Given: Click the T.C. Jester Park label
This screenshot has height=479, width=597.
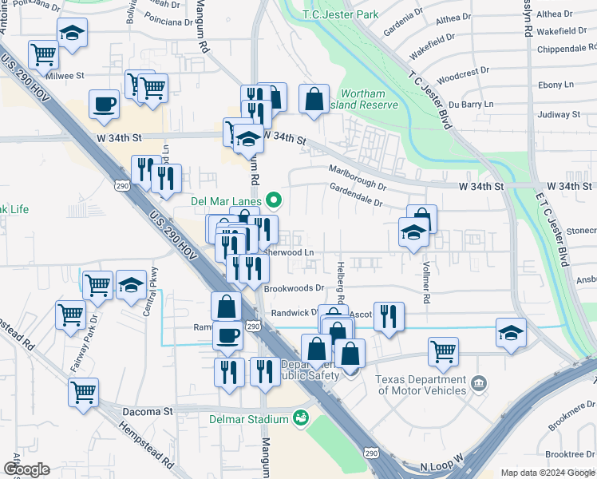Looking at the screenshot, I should pos(341,14).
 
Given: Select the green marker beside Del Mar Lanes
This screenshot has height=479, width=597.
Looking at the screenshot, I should pos(275,200).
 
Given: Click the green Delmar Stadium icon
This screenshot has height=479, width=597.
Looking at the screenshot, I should pos(301,418).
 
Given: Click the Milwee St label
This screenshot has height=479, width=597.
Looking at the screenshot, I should pos(65,76).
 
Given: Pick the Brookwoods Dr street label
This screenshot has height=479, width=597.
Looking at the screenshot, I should pos(295,288).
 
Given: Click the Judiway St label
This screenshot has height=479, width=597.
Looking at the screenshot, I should pos(559,114).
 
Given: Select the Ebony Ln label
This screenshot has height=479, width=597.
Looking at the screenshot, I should pos(555,84).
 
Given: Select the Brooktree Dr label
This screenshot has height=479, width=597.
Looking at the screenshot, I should pos(567,453).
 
